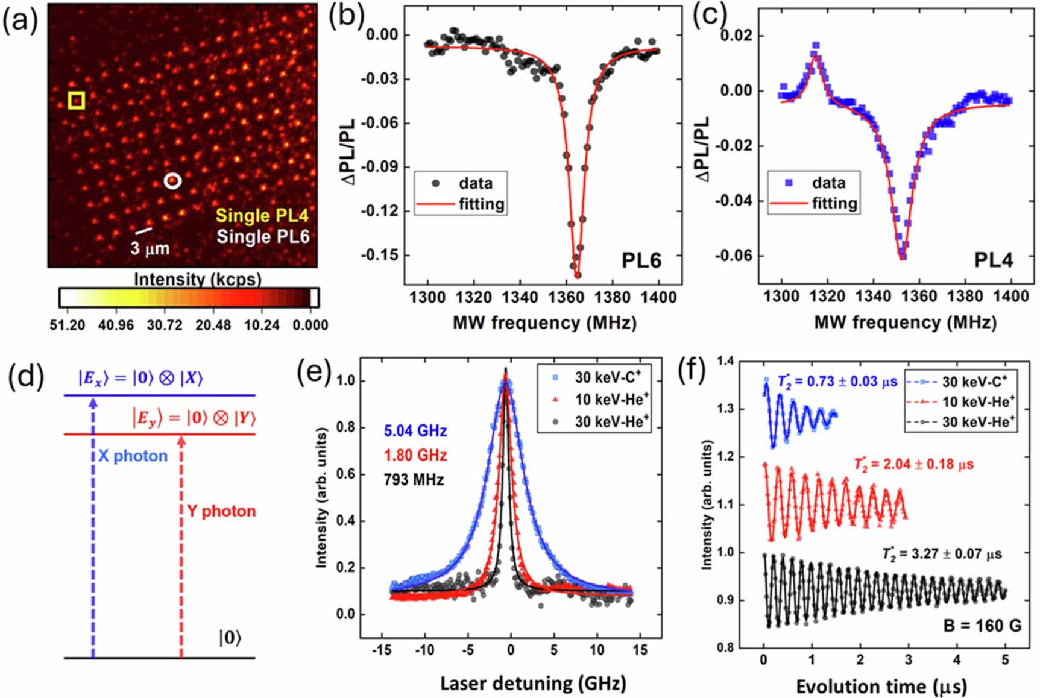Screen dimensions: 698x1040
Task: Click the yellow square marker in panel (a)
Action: click(x=76, y=100)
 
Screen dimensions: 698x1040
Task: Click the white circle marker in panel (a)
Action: click(x=173, y=180)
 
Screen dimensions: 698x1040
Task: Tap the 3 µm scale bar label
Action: click(x=150, y=248)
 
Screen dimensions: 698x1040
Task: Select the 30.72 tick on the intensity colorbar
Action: click(x=165, y=325)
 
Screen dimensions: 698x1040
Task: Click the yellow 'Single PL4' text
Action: click(x=262, y=215)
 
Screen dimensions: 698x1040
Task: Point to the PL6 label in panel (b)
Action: click(x=641, y=260)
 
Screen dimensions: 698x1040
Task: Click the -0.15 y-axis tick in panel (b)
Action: click(x=380, y=255)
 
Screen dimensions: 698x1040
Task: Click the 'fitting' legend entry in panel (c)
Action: click(x=834, y=203)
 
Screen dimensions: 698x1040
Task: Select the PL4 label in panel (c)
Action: click(x=993, y=260)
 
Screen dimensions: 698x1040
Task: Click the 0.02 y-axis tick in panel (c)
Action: click(x=737, y=36)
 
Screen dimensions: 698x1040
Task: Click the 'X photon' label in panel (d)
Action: click(x=133, y=456)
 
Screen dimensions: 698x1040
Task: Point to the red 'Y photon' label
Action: click(x=221, y=511)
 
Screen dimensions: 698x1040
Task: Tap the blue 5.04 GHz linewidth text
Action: click(x=415, y=431)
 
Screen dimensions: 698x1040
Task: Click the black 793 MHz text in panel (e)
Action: click(x=414, y=480)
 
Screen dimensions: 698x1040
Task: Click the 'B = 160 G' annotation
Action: click(x=982, y=626)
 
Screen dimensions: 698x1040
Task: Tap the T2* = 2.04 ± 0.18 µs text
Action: click(x=913, y=464)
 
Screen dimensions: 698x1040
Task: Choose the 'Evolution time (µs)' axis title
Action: click(x=881, y=686)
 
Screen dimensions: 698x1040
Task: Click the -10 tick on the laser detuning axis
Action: click(x=424, y=650)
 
